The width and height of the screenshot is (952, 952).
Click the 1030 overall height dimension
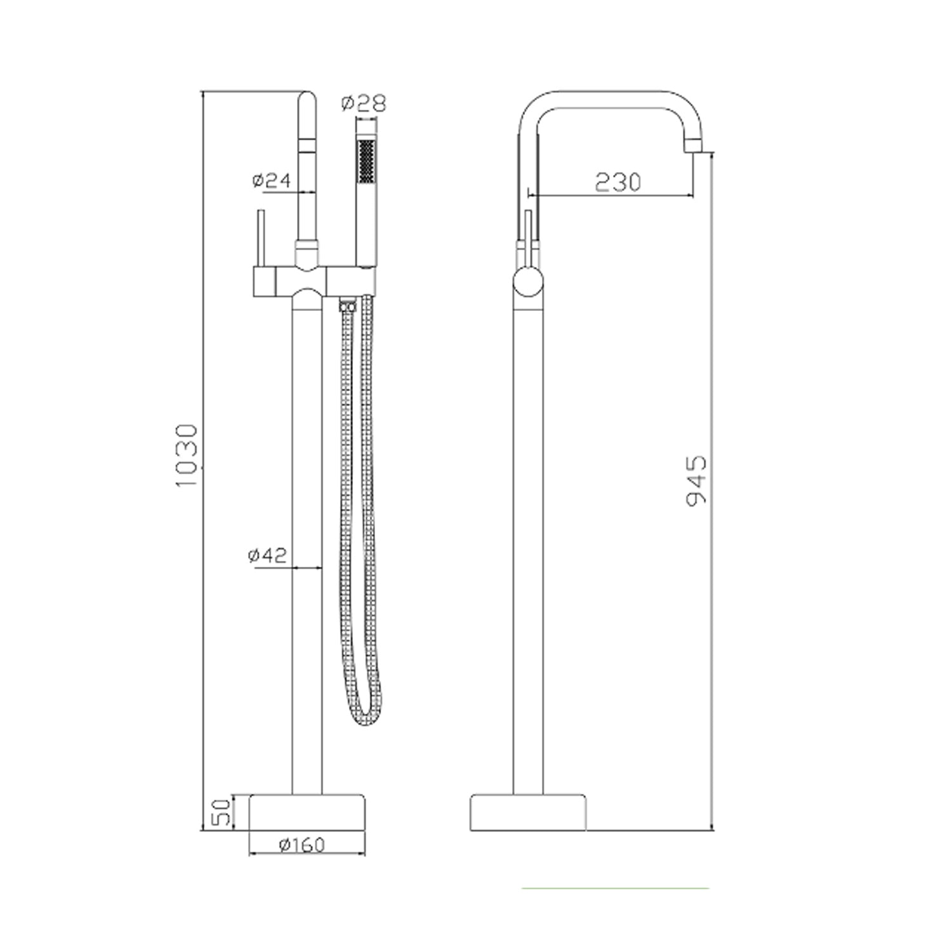[x=188, y=455]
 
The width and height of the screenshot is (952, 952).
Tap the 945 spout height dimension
[x=696, y=480]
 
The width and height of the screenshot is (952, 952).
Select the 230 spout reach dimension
[x=618, y=182]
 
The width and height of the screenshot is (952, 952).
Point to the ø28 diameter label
[x=363, y=102]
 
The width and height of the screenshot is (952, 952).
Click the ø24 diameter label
[x=271, y=180]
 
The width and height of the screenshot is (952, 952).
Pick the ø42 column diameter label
[x=267, y=555]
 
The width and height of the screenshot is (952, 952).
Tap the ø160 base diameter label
[x=302, y=845]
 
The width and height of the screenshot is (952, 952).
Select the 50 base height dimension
[x=219, y=812]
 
